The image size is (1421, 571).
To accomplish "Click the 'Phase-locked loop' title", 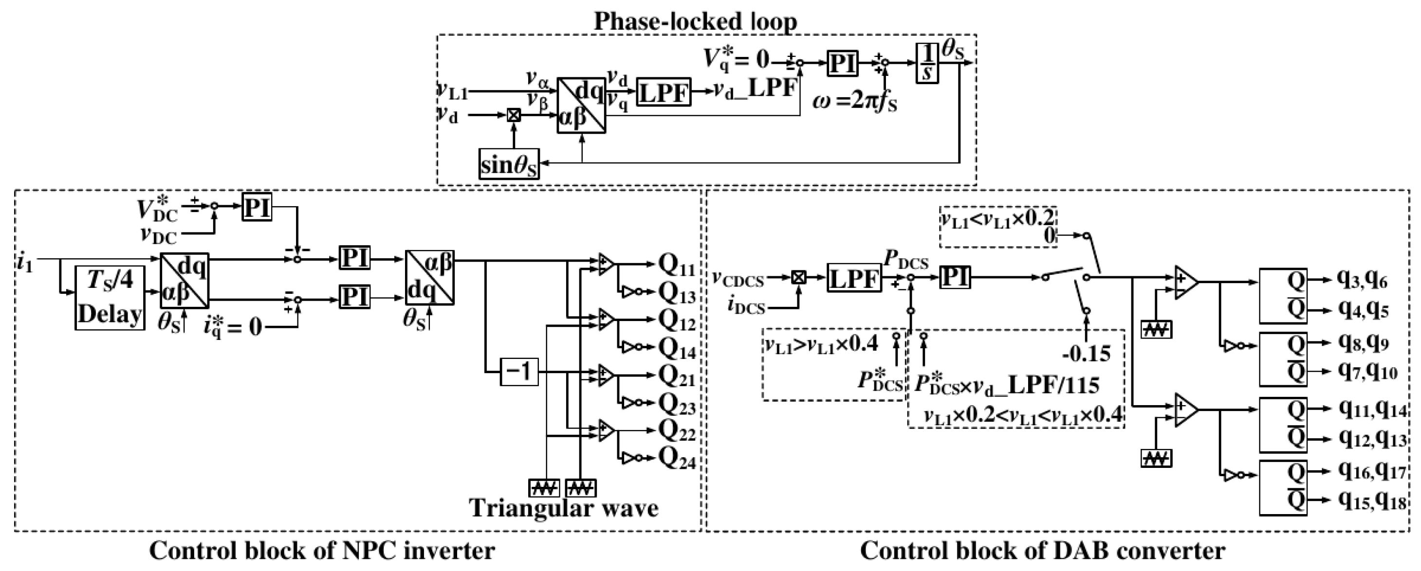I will click(x=695, y=22).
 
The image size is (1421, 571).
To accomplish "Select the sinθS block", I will click(x=508, y=164).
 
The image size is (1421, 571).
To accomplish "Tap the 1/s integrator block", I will click(x=927, y=63).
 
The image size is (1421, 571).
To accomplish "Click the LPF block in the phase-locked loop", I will click(x=664, y=92).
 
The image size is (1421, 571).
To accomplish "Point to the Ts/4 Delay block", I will click(x=110, y=298).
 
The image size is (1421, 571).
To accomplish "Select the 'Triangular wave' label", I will click(x=564, y=508).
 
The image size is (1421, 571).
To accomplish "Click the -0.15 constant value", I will click(x=1086, y=353).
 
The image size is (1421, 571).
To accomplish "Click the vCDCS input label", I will click(x=738, y=280).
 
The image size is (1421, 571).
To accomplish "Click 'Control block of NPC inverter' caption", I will click(x=322, y=551).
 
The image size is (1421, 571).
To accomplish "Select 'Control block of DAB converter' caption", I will click(x=1043, y=551).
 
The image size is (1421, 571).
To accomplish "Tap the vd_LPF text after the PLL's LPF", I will click(x=755, y=89).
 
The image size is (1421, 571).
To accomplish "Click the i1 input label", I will click(x=25, y=264).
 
